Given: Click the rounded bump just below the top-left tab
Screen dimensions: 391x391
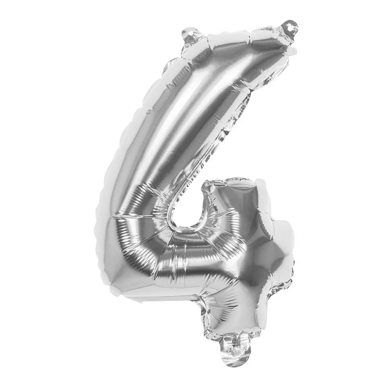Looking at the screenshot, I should click(174, 63).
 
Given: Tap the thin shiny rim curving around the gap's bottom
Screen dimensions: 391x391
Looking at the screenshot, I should click(184, 231).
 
